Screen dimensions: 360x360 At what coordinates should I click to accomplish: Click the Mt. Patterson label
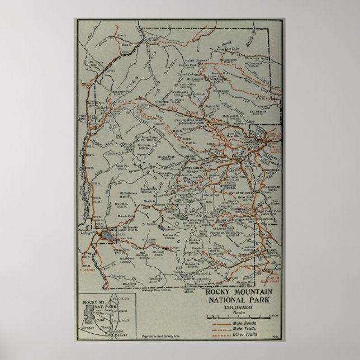pos(129,193)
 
